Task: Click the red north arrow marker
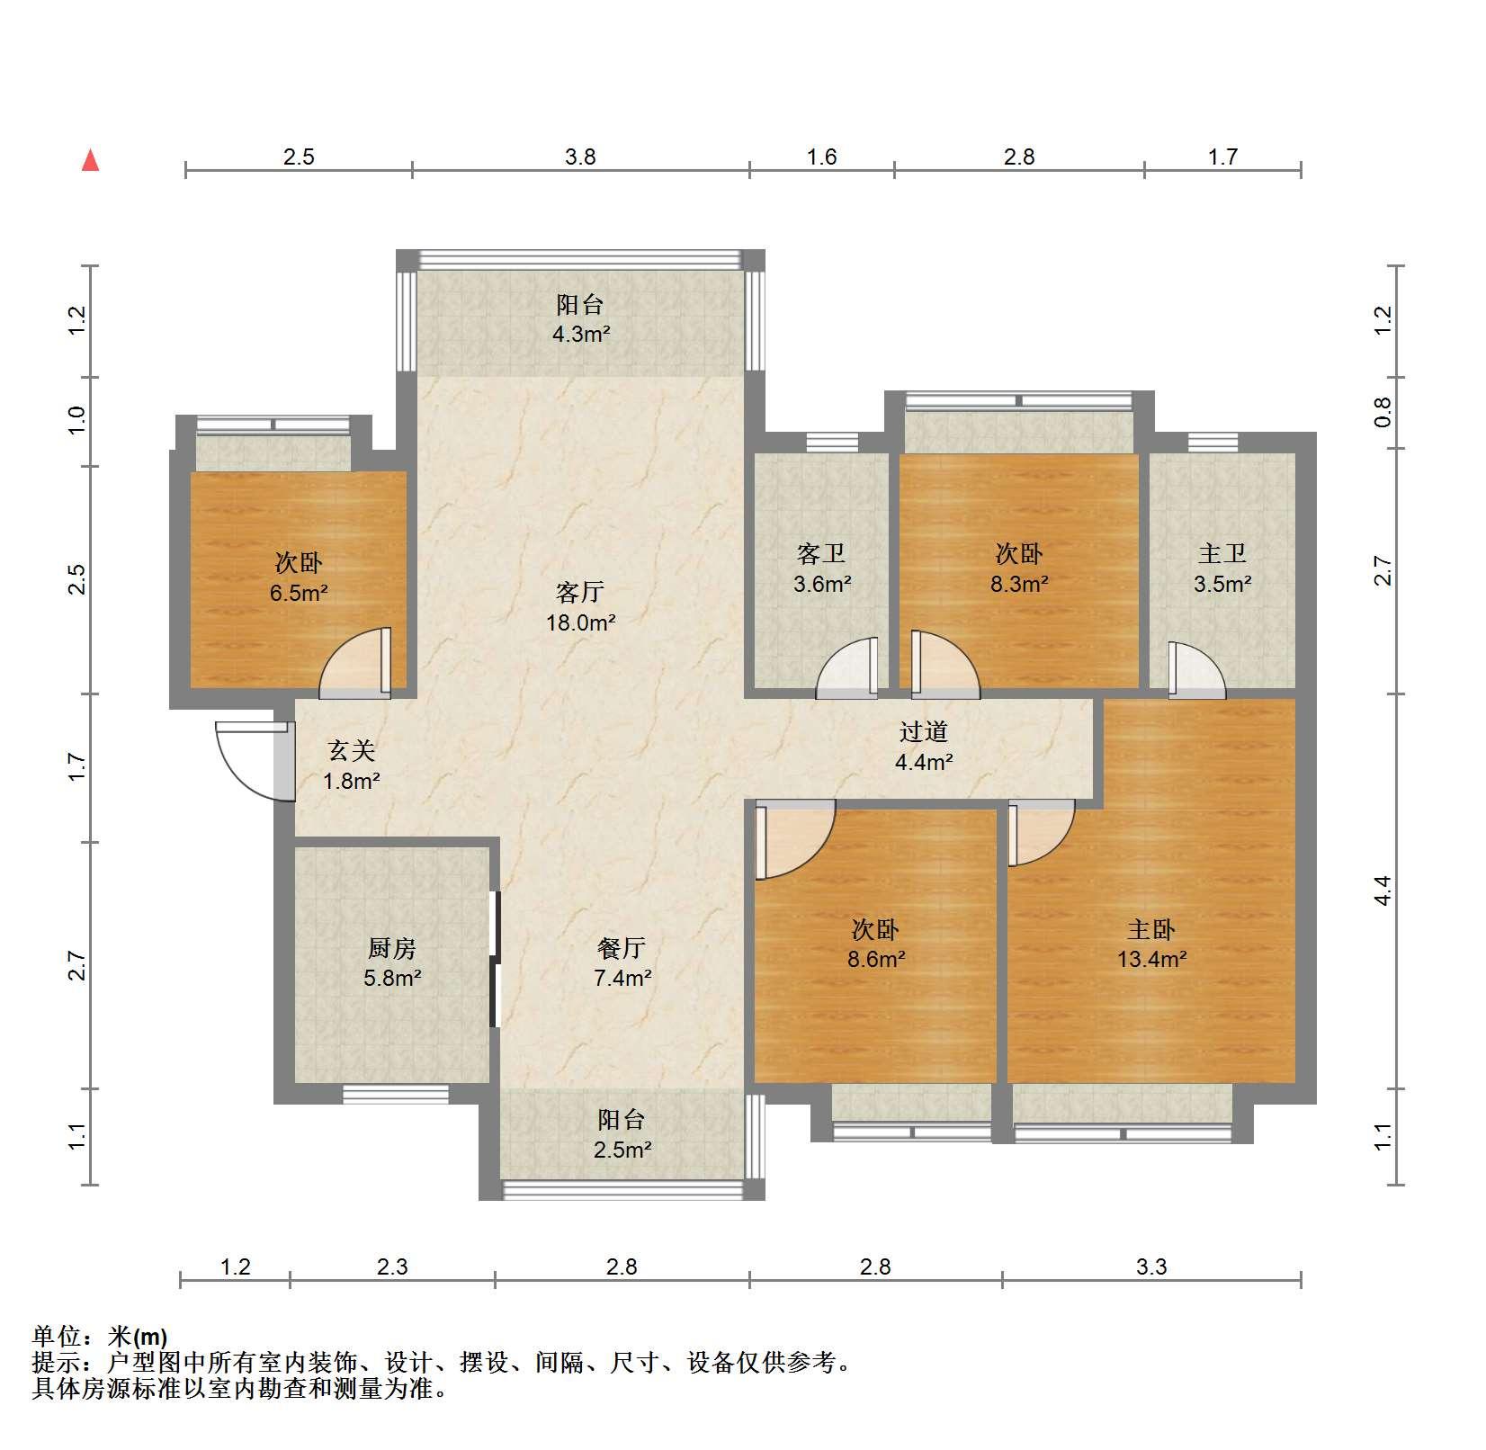click(x=90, y=160)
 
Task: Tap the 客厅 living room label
click(x=580, y=592)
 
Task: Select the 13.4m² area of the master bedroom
click(x=1151, y=959)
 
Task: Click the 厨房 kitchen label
click(x=392, y=948)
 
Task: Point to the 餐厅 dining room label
click(x=622, y=948)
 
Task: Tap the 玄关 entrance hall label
click(x=351, y=750)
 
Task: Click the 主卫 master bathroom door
click(x=1196, y=669)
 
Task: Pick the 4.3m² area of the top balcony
click(x=581, y=335)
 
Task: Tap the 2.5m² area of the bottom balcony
click(x=622, y=1149)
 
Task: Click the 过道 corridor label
click(x=924, y=732)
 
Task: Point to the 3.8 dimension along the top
click(x=580, y=157)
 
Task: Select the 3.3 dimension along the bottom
click(x=1150, y=1267)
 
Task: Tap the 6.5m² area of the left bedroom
click(x=299, y=594)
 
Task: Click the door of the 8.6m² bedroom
click(x=795, y=840)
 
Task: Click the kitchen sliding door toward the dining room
click(x=494, y=959)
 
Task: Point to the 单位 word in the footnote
click(x=54, y=1337)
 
